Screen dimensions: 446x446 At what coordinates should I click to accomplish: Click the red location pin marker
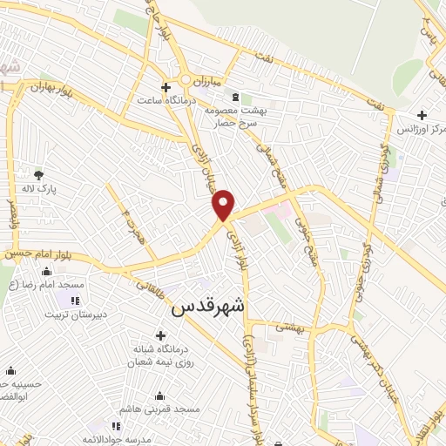[x=225, y=205]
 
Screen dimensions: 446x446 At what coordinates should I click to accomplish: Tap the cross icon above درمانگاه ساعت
[x=166, y=87]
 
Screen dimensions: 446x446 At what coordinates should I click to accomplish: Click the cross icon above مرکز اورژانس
[x=422, y=114]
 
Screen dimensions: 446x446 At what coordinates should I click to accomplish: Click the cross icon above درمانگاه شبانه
[x=160, y=335]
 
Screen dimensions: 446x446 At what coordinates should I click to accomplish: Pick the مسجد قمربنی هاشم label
[x=160, y=409]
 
